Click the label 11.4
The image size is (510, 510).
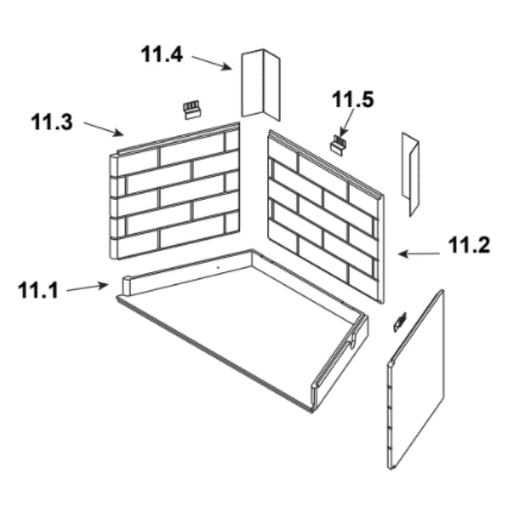(x=162, y=54)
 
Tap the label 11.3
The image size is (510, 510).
(x=52, y=122)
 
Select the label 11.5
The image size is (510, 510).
(x=352, y=99)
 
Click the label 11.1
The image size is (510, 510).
(x=38, y=290)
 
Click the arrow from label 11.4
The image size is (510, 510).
(x=211, y=63)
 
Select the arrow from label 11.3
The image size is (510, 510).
(x=104, y=129)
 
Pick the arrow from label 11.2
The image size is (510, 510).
(x=419, y=254)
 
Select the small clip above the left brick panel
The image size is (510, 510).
(x=192, y=109)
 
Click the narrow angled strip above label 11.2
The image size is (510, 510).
(x=411, y=174)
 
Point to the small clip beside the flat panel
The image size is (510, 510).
(x=400, y=322)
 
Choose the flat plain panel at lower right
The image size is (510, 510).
(x=415, y=379)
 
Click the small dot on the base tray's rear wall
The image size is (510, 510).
(x=218, y=267)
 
